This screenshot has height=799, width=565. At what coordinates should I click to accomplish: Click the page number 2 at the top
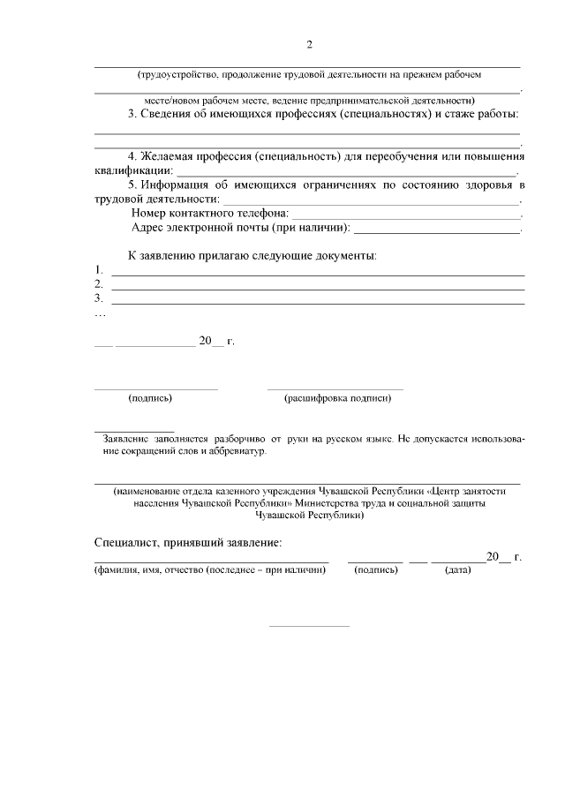click(309, 45)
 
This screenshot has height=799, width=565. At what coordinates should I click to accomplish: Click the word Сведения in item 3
click(171, 114)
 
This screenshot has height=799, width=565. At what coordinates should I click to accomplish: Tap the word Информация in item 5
click(174, 184)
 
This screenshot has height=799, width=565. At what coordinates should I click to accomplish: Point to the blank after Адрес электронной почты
click(437, 230)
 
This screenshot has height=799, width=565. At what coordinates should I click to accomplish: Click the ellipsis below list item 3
click(100, 313)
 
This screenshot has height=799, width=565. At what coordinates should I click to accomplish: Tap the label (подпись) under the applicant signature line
click(150, 398)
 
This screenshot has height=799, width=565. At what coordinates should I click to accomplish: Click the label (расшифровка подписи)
click(337, 398)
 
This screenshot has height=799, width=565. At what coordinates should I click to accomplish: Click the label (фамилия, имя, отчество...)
click(210, 570)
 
